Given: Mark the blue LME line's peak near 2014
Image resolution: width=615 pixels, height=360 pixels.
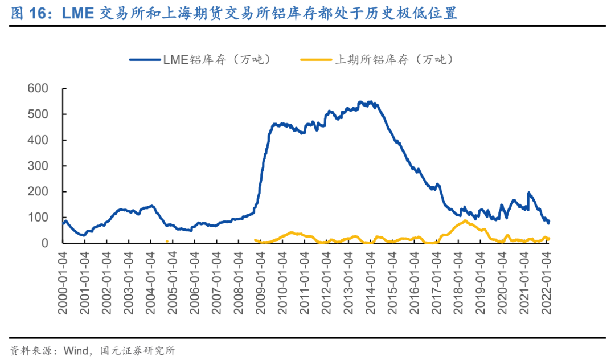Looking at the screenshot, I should [x=370, y=102].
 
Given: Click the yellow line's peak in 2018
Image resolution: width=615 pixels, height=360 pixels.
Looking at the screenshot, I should [x=465, y=220].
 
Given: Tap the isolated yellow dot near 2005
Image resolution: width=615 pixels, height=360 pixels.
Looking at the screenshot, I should [x=167, y=242].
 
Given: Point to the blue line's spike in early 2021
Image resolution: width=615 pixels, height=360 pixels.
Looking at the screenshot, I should [x=528, y=193].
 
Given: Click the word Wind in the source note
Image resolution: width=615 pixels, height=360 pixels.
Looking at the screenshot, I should [x=76, y=350].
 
